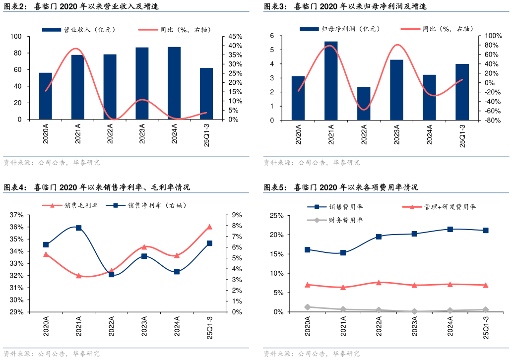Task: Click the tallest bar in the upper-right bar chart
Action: click(x=331, y=80)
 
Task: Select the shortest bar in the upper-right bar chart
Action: click(x=364, y=103)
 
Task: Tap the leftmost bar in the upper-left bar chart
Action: click(x=45, y=96)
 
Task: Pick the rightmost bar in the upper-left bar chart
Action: click(x=206, y=93)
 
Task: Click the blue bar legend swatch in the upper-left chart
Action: click(x=52, y=30)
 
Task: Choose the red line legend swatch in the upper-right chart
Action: click(x=411, y=29)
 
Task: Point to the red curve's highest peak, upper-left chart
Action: click(x=76, y=49)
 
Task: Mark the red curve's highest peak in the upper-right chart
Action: click(x=397, y=45)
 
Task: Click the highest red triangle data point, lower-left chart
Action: click(x=209, y=227)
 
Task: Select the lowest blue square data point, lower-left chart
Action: click(x=112, y=274)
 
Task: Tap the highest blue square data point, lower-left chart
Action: click(x=79, y=228)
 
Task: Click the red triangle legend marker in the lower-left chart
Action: click(x=52, y=205)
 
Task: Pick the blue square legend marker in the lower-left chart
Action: click(x=116, y=205)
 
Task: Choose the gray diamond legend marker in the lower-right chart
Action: click(x=317, y=220)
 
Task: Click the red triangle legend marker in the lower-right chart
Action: click(x=412, y=207)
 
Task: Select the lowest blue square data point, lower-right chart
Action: click(x=343, y=253)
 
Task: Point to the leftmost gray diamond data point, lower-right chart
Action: click(x=307, y=307)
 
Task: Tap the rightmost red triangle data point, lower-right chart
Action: click(x=486, y=285)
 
